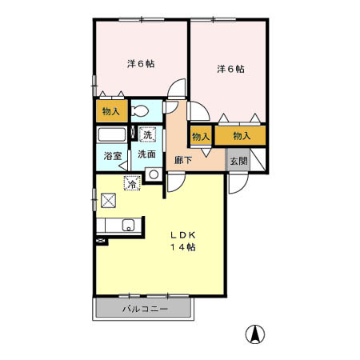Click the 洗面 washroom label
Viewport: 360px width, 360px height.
coord(146,154)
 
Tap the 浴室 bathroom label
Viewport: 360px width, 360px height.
coord(112,156)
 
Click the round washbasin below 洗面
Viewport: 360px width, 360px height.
coord(153,174)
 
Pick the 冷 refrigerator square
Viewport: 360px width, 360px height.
coord(130,184)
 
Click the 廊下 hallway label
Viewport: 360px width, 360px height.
coord(183,159)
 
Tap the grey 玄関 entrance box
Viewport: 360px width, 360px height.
coord(238,160)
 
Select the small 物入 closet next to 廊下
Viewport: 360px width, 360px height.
coord(200,136)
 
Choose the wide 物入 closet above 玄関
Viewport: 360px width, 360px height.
coord(242,136)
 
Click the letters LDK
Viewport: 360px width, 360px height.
coord(182,234)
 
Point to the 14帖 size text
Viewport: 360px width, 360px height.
coord(182,248)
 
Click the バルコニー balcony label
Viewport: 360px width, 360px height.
coord(145,309)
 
